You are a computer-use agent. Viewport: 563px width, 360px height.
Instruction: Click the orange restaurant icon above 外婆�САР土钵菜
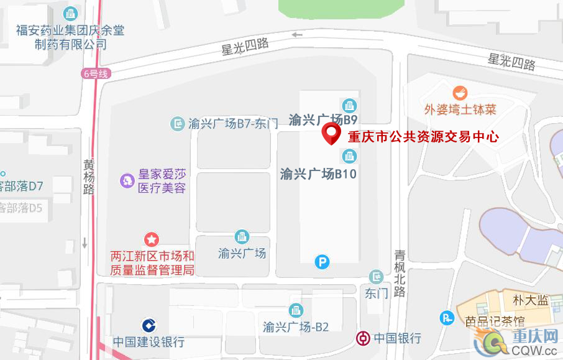[x=460, y=93]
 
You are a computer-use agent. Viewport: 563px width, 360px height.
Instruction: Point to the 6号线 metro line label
[x=95, y=73]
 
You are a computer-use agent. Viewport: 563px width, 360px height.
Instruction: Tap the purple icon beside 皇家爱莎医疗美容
[x=127, y=180]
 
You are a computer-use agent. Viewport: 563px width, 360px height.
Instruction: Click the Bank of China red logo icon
[x=362, y=338]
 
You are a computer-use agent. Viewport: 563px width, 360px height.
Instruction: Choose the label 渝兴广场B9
[x=323, y=119]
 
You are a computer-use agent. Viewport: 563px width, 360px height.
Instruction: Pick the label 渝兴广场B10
[x=318, y=173]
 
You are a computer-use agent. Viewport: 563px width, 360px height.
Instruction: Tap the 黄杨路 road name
[x=89, y=177]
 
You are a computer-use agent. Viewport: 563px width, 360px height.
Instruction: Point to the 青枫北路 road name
[x=400, y=272]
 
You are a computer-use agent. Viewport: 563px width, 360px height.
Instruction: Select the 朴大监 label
[x=530, y=300]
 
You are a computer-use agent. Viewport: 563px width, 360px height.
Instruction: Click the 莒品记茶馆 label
[x=495, y=321]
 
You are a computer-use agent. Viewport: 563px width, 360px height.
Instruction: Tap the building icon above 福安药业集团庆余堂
[x=71, y=12]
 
